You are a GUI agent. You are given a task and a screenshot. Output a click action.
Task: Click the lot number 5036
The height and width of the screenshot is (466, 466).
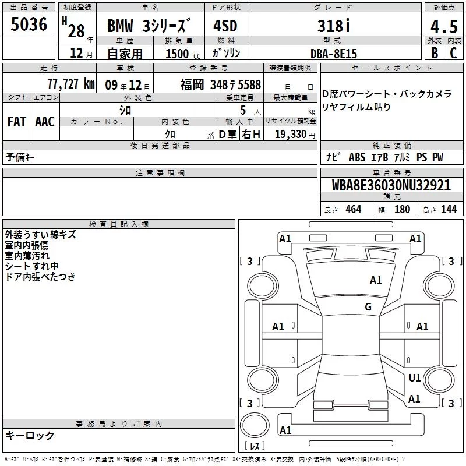[29, 24]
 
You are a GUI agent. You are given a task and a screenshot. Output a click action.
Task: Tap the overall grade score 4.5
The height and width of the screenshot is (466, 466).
[444, 27]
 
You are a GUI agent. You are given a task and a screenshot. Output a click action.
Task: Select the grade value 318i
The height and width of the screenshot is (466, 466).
[334, 26]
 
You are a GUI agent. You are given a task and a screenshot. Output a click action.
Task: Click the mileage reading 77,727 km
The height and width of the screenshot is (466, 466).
[71, 84]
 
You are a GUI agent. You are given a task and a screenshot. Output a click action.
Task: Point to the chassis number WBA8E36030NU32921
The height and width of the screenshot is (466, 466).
[391, 185]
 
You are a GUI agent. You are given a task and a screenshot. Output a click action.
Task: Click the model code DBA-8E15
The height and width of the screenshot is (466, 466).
[333, 54]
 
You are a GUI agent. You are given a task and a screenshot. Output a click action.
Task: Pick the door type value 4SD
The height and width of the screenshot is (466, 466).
[225, 26]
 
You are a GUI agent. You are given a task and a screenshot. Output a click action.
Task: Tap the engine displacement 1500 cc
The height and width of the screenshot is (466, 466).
[183, 54]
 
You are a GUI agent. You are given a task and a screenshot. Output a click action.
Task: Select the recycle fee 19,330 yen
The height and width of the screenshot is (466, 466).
[295, 135]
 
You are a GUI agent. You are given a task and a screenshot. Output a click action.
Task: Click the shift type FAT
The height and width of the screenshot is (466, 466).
[17, 122]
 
